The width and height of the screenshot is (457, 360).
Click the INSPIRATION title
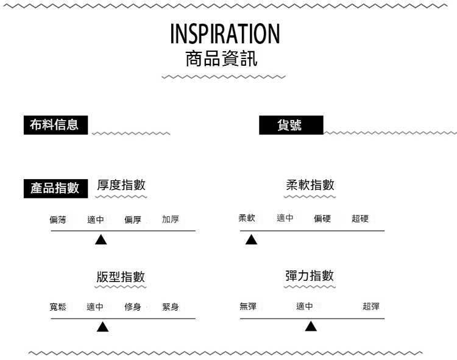tap(225, 34)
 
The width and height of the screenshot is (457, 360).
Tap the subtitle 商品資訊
tap(221, 59)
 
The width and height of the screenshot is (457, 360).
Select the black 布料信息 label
tap(54, 125)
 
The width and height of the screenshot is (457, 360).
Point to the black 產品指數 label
tap(55, 188)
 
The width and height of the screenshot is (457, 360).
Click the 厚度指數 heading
tap(121, 185)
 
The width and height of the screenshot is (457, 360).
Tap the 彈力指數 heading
tap(310, 275)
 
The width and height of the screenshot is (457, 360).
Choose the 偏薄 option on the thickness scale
tap(58, 219)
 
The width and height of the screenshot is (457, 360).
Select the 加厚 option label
tap(171, 219)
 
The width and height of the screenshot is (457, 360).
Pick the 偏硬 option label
tap(322, 219)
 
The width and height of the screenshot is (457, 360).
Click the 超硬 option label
tap(360, 219)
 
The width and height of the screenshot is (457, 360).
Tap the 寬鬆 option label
tap(58, 307)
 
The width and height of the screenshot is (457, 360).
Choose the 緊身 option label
tap(171, 307)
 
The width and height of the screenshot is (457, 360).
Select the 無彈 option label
tap(248, 306)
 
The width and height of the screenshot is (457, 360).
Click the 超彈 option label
tap(371, 306)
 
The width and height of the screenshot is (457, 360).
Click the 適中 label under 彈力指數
tap(305, 306)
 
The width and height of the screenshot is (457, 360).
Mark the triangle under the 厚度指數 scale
tap(101, 240)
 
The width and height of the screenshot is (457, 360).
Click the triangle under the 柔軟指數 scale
tap(251, 240)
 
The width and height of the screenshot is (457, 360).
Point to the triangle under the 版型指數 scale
tap(103, 328)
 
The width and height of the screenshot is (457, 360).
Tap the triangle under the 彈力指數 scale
tap(311, 327)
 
